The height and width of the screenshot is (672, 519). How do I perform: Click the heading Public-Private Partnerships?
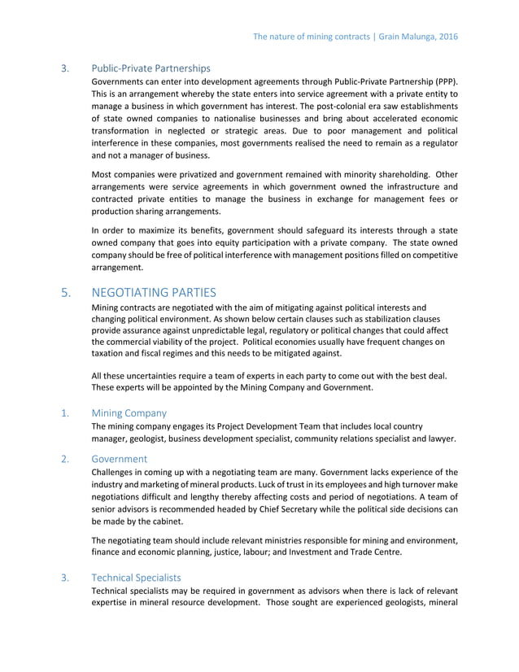tap(150, 68)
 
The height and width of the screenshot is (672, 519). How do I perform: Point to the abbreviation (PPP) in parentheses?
tap(443, 82)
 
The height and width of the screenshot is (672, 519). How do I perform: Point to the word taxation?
tap(111, 355)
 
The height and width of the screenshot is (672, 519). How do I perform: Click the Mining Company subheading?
tap(129, 412)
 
